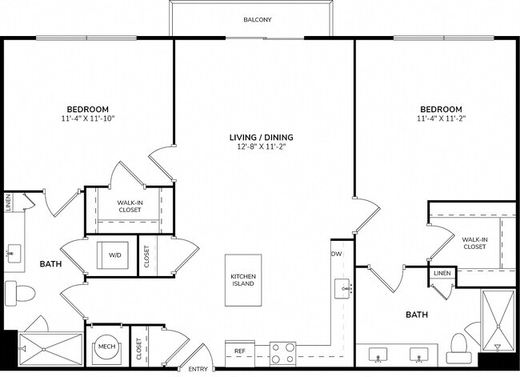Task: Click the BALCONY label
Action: coord(257,19)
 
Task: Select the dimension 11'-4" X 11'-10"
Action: coord(87,118)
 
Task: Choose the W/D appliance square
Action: coord(115,255)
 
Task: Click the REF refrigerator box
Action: coord(240,351)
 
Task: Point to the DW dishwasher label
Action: coord(337,255)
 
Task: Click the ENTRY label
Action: coord(197,369)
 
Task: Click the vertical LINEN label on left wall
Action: coord(7,203)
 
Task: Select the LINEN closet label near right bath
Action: coord(442,274)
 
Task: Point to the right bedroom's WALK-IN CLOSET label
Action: coord(474,243)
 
